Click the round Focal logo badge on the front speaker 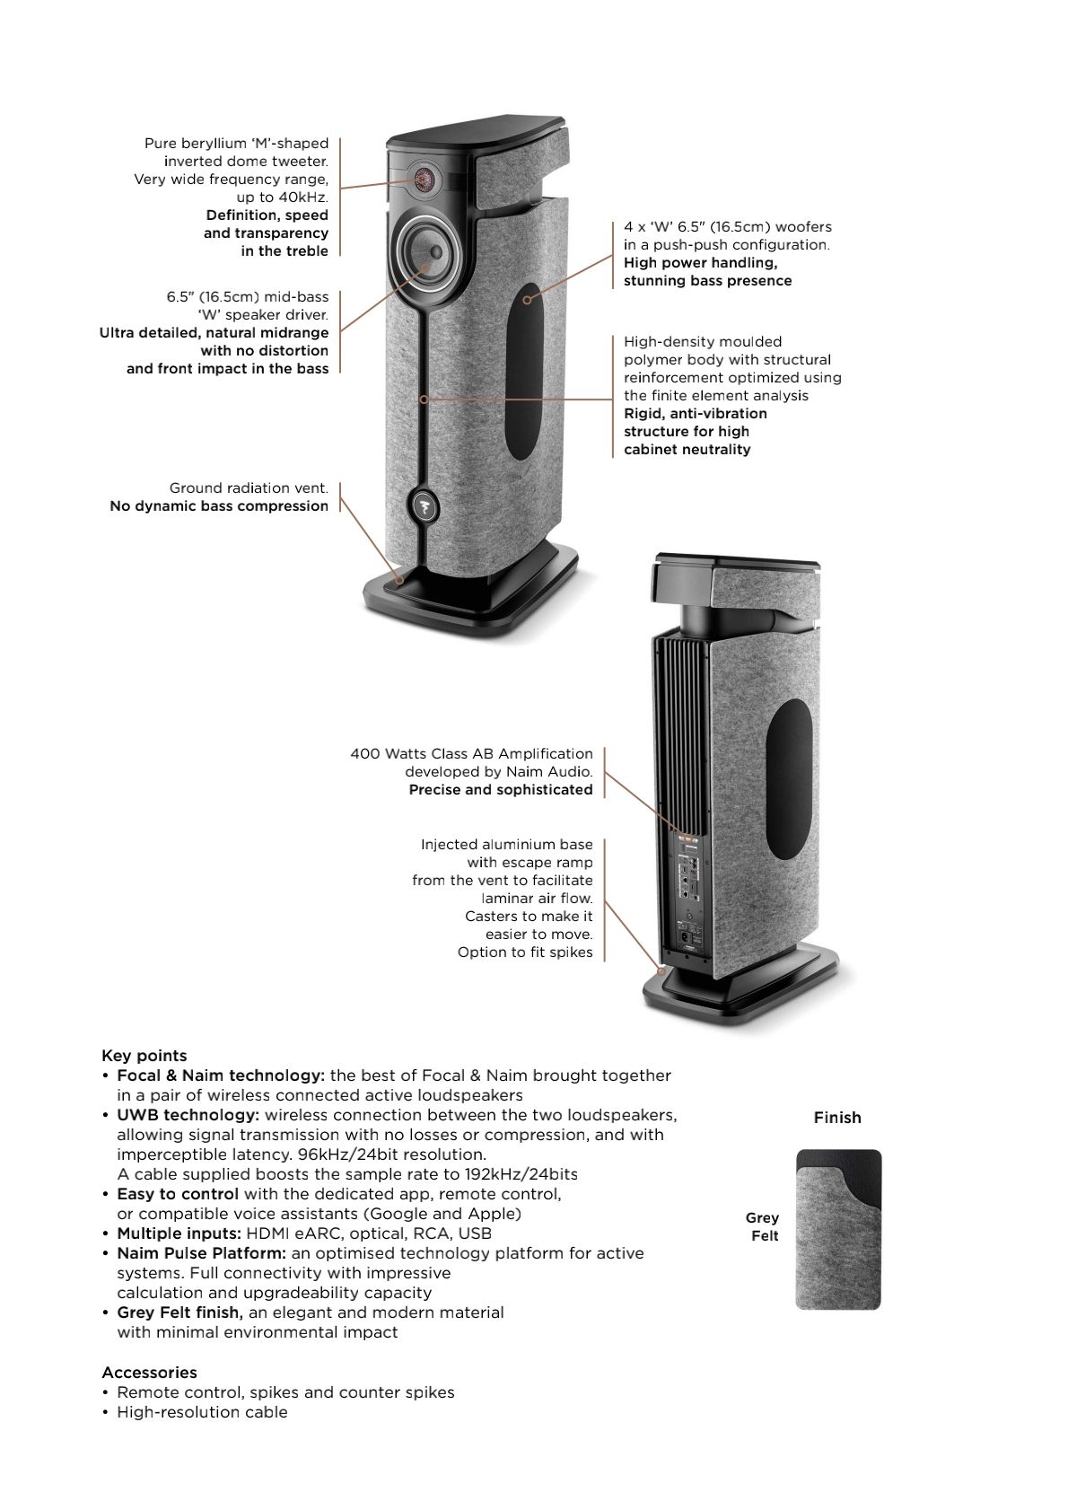coord(424,509)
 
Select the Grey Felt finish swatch coord(838,1230)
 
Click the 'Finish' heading coord(837,1118)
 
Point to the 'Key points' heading coord(144,1056)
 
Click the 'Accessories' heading coord(149,1373)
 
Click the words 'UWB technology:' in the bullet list coord(188,1115)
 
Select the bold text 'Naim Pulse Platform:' coord(201,1253)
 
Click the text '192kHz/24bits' coord(521,1174)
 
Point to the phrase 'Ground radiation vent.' coord(249,488)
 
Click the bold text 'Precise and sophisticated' coord(501,790)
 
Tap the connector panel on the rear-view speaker coord(687,889)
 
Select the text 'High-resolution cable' coord(202,1412)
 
